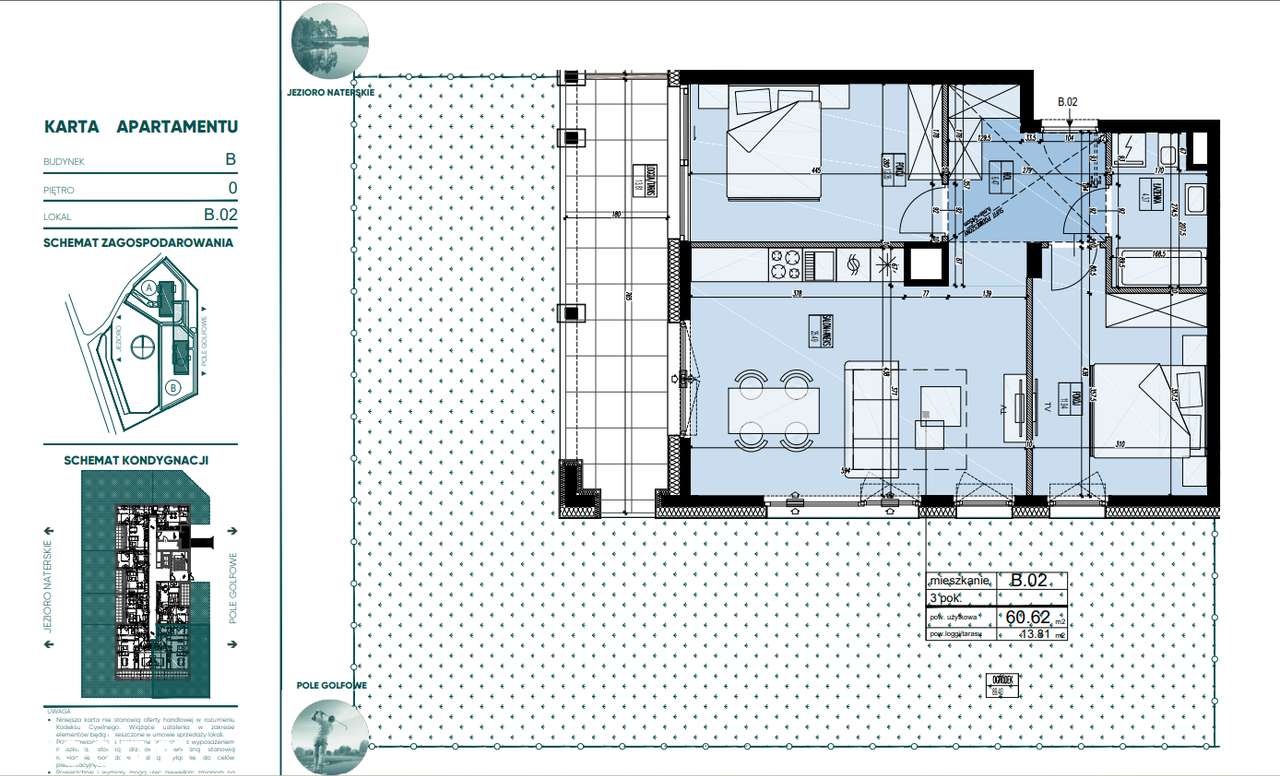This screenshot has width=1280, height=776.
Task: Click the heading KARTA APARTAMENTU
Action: (140, 127)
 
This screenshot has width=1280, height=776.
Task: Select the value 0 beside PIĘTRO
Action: (232, 187)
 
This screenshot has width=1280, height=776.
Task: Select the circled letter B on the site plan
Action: (173, 387)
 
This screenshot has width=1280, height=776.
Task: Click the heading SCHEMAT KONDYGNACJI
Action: (135, 461)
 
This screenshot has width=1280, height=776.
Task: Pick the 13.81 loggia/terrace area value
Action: (1035, 634)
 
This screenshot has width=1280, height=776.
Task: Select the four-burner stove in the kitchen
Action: (784, 265)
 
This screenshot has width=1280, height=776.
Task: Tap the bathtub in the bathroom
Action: (1160, 268)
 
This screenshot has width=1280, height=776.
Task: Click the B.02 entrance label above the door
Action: (1068, 101)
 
